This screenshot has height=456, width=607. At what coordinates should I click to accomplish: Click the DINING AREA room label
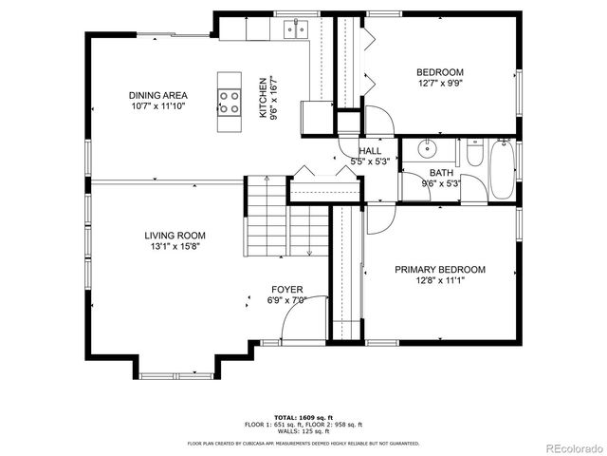pyautogui.click(x=157, y=95)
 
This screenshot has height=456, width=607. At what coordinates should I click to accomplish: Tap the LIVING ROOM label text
pyautogui.click(x=175, y=236)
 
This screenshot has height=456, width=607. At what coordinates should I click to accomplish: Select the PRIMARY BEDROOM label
pyautogui.click(x=440, y=270)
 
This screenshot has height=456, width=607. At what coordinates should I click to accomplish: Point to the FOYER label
pyautogui.click(x=287, y=290)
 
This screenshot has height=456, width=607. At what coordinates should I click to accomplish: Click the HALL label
pyautogui.click(x=370, y=151)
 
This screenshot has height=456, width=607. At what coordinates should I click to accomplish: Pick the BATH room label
pyautogui.click(x=441, y=173)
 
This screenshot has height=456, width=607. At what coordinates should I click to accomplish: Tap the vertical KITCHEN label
pyautogui.click(x=264, y=97)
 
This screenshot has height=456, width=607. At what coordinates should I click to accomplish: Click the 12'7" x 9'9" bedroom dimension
pyautogui.click(x=440, y=84)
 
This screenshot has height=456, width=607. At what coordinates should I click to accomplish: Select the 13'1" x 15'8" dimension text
pyautogui.click(x=175, y=246)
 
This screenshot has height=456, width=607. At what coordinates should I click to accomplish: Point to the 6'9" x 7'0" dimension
pyautogui.click(x=287, y=301)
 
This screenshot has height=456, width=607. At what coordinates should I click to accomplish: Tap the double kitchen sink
pyautogui.click(x=295, y=29)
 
